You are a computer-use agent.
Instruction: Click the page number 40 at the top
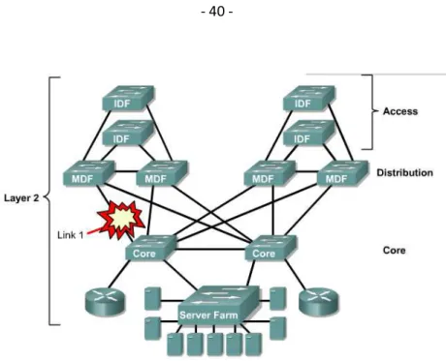(217, 12)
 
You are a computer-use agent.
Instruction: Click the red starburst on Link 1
(121, 221)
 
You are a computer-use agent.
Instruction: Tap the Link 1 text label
(71, 235)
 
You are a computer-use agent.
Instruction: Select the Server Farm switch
(219, 305)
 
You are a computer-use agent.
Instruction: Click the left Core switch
(151, 248)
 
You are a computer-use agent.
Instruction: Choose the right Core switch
(271, 248)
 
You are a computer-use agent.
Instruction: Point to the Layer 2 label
(21, 197)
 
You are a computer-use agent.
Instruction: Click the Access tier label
(400, 111)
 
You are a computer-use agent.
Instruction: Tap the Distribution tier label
(404, 172)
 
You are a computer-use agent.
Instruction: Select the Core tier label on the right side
(394, 251)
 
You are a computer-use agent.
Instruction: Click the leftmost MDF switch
(89, 173)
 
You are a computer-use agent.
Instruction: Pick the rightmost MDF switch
(342, 173)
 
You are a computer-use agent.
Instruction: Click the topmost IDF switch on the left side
(128, 98)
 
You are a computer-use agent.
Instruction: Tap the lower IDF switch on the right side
(309, 133)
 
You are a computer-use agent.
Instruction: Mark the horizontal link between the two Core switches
(211, 249)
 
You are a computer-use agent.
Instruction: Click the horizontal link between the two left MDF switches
(126, 171)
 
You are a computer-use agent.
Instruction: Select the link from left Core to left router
(119, 274)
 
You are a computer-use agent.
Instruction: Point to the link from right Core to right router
(295, 274)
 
